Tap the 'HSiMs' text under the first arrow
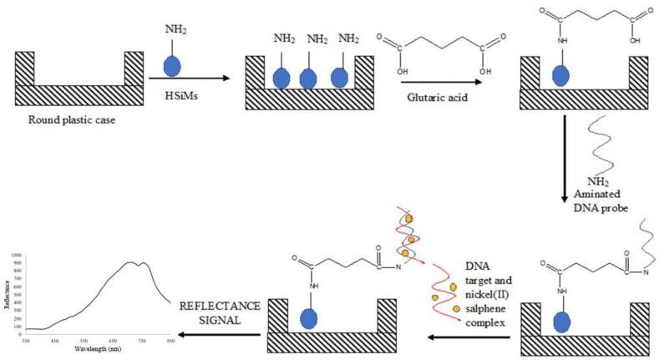tap(175, 94)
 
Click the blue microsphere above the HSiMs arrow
tap(171, 64)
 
